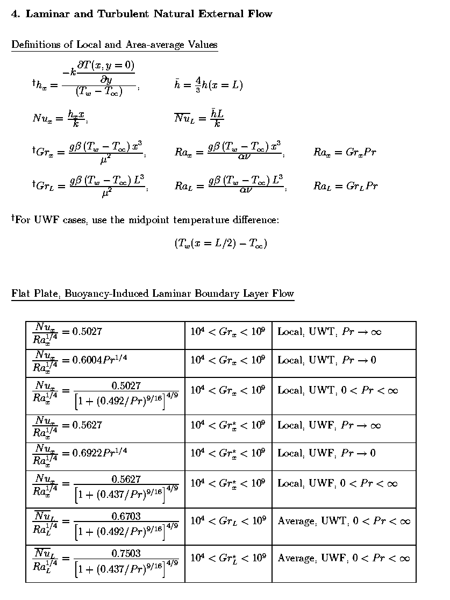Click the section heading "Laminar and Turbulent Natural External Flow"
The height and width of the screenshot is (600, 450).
[x=149, y=14]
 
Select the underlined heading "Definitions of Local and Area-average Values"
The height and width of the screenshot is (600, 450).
[x=115, y=45]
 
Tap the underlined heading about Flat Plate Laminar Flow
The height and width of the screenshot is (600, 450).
[x=153, y=294]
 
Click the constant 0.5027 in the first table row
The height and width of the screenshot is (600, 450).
[x=87, y=332]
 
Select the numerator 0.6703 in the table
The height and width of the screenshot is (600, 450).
[x=126, y=516]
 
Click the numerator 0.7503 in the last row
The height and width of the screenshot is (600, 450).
[x=126, y=553]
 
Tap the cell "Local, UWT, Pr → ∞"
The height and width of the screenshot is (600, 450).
[x=329, y=332]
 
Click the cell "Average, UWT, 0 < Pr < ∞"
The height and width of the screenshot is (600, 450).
[x=344, y=521]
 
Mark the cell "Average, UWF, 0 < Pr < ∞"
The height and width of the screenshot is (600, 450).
[x=344, y=558]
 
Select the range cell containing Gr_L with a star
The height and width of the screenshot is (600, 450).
[x=228, y=558]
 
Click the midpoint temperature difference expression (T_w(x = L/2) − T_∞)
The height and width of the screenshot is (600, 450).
[x=220, y=244]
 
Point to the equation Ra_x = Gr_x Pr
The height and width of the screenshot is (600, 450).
[x=345, y=153]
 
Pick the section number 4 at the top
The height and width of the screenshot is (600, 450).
[x=15, y=14]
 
